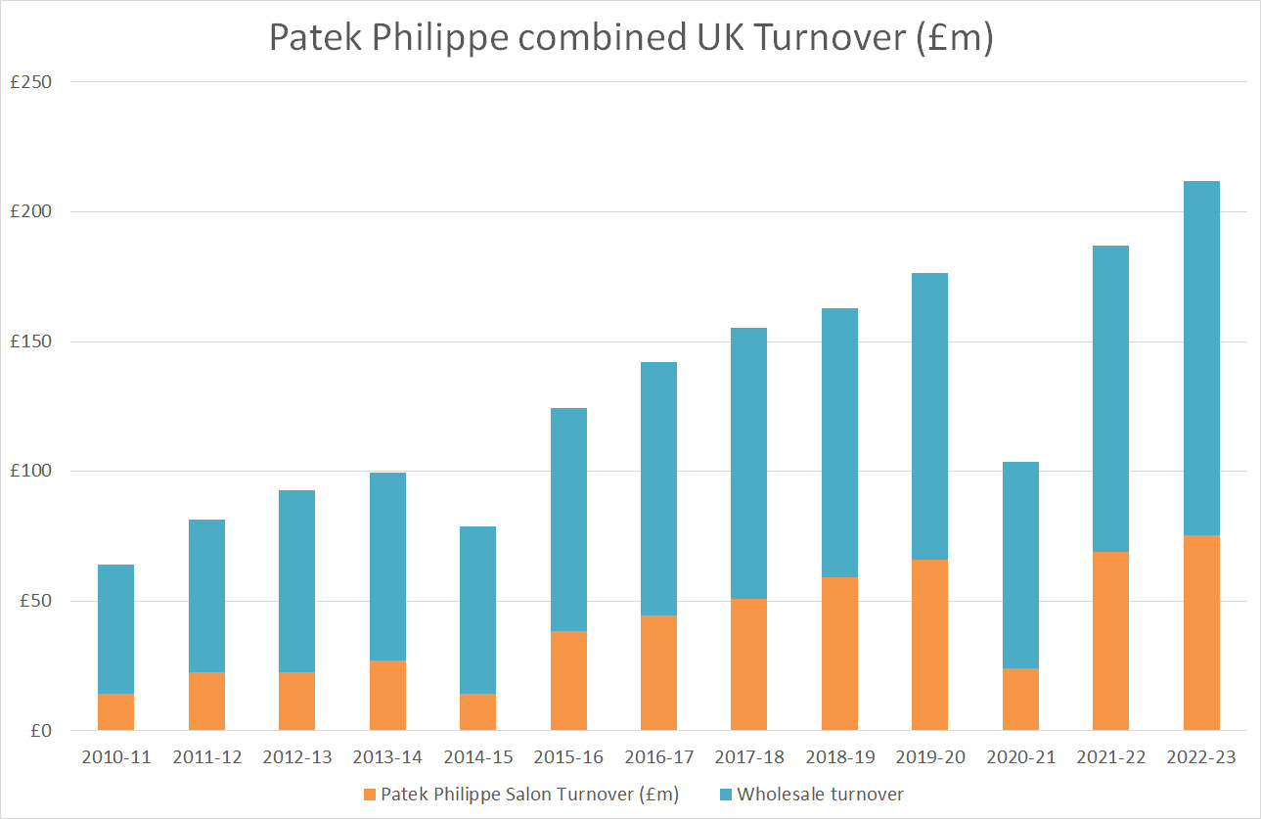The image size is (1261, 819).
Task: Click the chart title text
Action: click(630, 37)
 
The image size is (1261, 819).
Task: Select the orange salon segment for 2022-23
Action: click(1201, 632)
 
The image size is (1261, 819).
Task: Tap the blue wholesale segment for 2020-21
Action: click(1020, 565)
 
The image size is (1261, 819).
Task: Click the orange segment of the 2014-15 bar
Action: click(477, 711)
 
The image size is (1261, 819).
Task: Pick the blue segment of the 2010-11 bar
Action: click(115, 629)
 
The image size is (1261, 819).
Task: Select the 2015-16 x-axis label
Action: click(568, 757)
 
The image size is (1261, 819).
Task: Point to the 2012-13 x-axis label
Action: click(296, 757)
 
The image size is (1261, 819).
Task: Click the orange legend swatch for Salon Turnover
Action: click(368, 794)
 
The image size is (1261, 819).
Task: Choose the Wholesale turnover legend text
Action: click(820, 794)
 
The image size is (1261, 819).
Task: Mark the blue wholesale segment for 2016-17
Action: click(658, 488)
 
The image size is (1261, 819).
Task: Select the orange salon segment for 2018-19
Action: click(839, 654)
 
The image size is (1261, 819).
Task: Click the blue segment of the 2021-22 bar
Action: click(1110, 398)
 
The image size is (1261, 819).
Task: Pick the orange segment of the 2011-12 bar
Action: click(206, 701)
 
